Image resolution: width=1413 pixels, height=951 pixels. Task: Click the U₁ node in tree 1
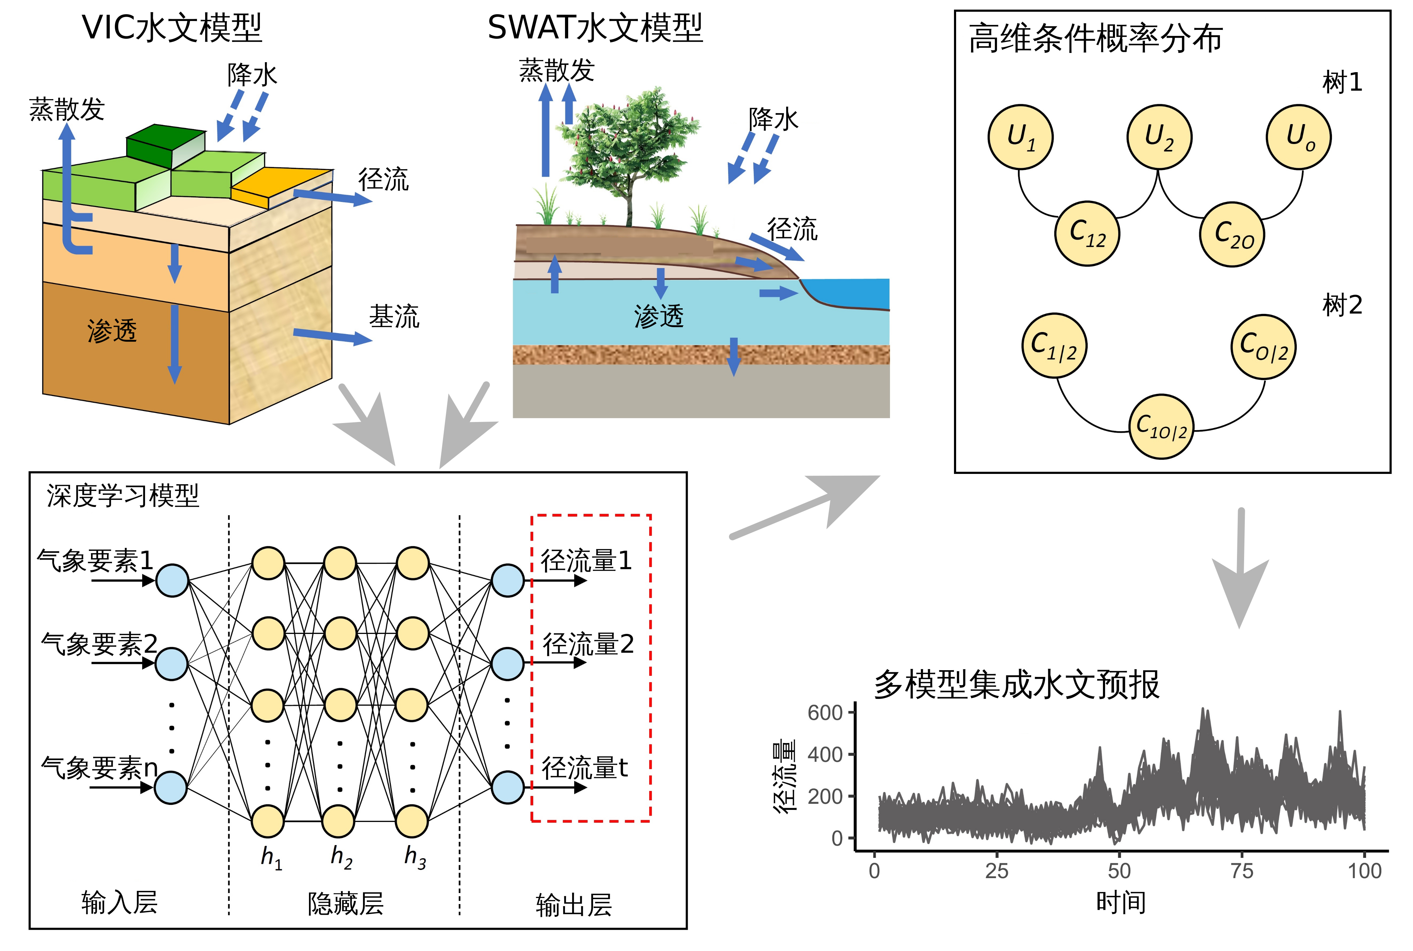(x=1020, y=137)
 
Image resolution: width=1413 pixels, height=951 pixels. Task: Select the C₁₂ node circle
(x=1087, y=234)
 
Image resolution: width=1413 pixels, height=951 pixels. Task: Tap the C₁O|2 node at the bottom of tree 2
(x=1161, y=426)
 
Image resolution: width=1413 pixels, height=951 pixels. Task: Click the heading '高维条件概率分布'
(x=1095, y=39)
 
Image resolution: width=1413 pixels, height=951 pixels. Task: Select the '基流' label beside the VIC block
(x=394, y=317)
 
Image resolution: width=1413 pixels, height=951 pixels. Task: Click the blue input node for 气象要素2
(x=172, y=663)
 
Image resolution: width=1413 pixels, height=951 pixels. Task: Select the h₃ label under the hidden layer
(x=415, y=857)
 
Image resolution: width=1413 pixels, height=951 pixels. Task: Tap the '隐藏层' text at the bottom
(x=346, y=904)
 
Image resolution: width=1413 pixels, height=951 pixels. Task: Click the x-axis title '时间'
(x=1120, y=903)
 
